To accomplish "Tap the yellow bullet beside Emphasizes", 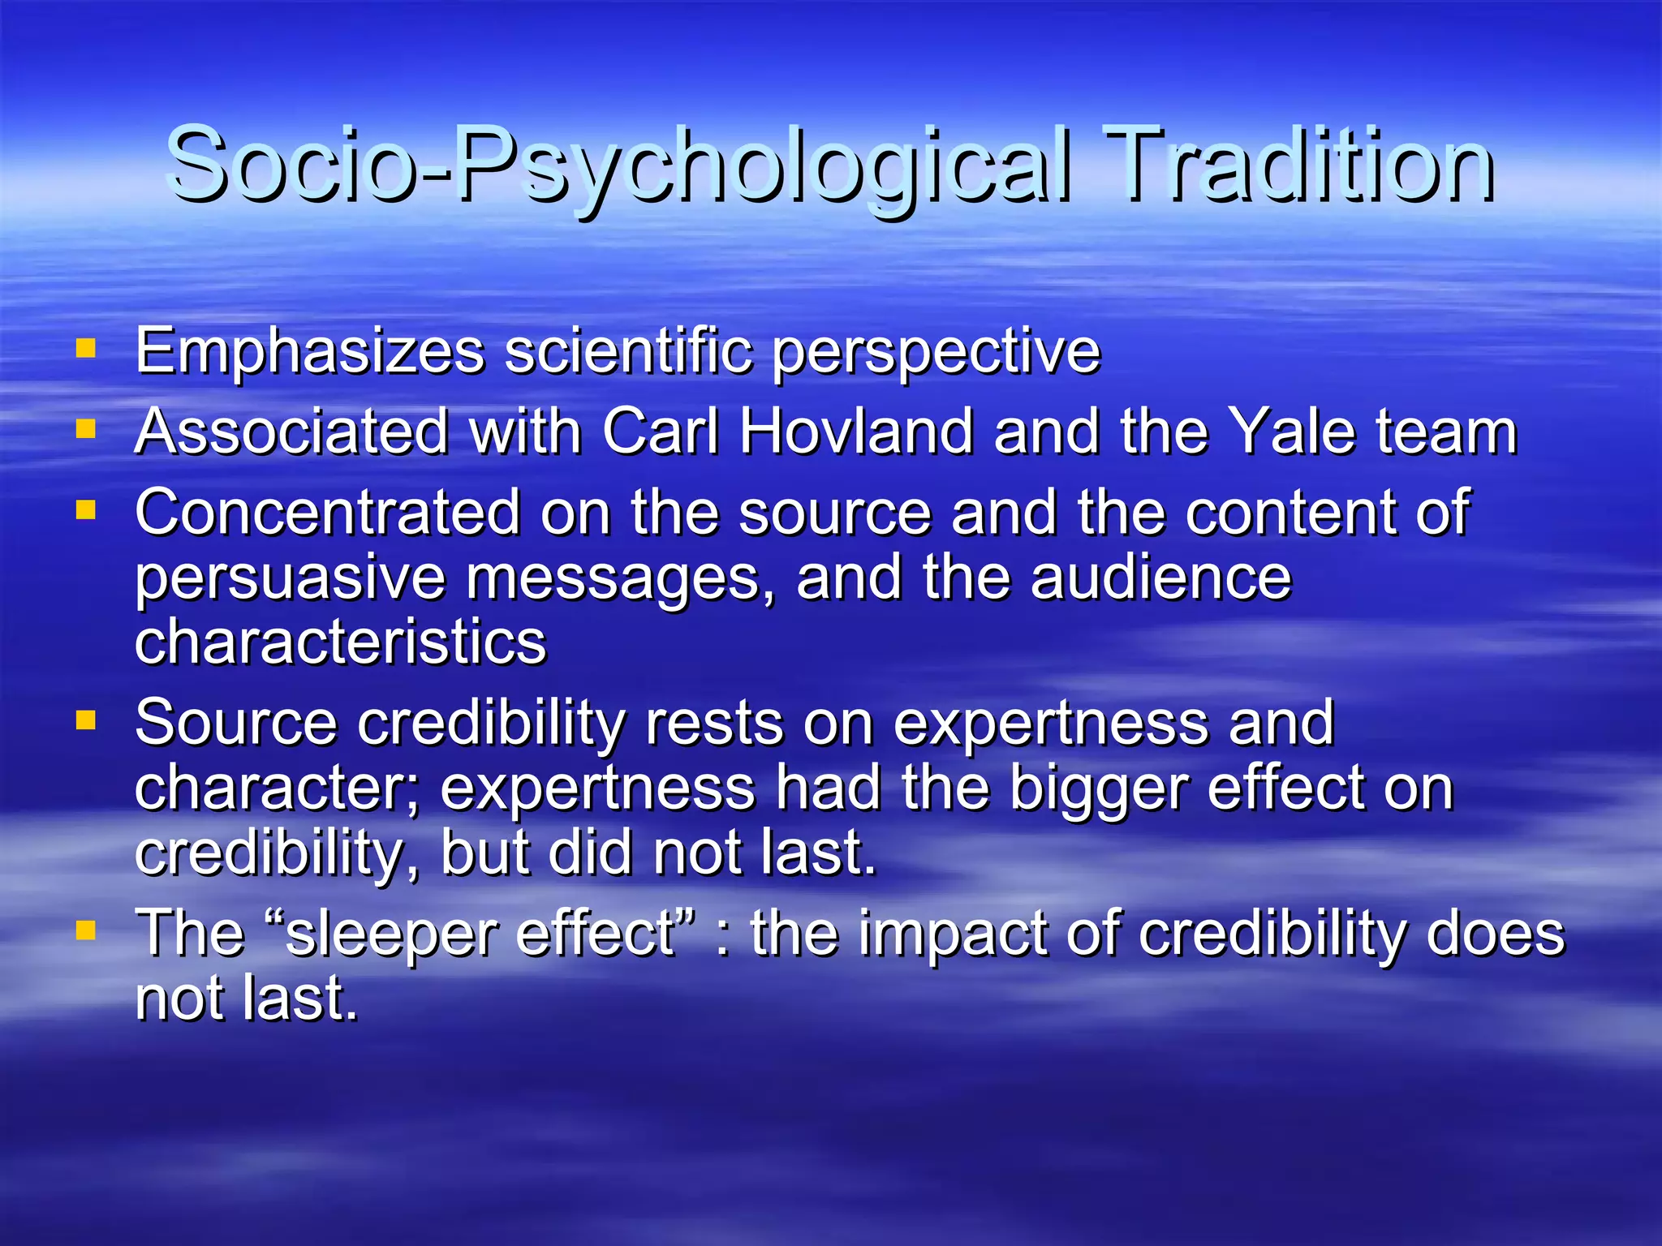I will click(x=85, y=349).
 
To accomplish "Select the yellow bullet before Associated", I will click(x=85, y=428).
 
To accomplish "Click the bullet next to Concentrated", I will click(x=85, y=509).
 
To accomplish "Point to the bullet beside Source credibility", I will click(x=85, y=720).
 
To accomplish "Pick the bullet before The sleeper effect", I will click(x=85, y=930).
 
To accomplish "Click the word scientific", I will click(x=628, y=350).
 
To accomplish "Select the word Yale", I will click(x=1291, y=431).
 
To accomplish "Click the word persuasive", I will click(x=290, y=579).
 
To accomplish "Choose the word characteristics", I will click(x=341, y=642).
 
